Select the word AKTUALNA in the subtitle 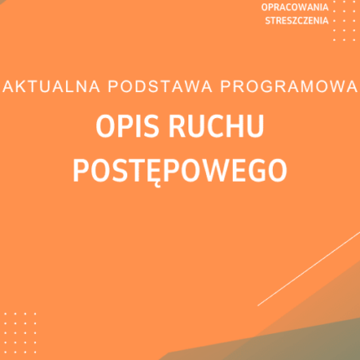pos(41,86)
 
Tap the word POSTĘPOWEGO pos(180,168)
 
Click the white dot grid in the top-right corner pos(345,21)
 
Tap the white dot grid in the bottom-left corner pos(19,328)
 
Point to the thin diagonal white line pos(310,267)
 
